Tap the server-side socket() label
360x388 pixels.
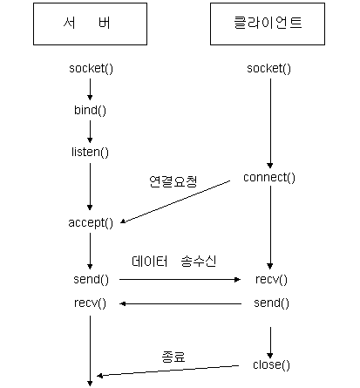[x=91, y=69]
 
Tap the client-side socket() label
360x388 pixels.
[x=268, y=69]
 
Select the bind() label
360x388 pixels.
[x=90, y=111]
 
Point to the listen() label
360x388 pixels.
[x=90, y=152]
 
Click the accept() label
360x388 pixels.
[x=91, y=223]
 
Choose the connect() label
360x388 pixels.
[x=269, y=178]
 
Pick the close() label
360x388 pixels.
[x=271, y=364]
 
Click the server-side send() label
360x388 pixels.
[x=92, y=280]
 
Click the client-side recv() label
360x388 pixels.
[x=271, y=280]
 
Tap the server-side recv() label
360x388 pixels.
[x=90, y=303]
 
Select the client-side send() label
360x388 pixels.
[x=271, y=303]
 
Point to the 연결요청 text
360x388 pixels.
[x=173, y=181]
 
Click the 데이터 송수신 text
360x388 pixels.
[x=173, y=262]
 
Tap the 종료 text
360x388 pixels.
[x=173, y=357]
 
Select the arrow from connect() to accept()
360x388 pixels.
[x=175, y=202]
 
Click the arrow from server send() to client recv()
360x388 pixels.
[x=180, y=280]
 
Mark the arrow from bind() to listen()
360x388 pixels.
[x=90, y=132]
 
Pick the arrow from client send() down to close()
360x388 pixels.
[x=270, y=343]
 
